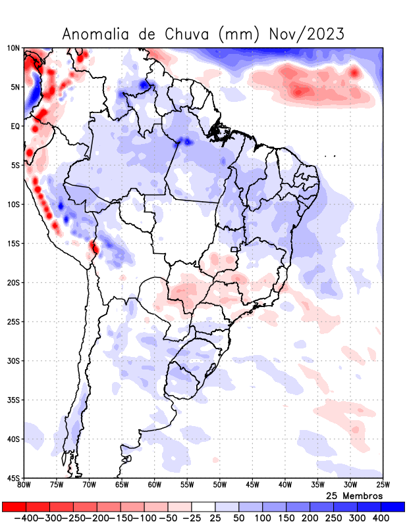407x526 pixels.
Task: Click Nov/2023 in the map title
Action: [307, 34]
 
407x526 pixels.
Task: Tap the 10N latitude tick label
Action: [13, 48]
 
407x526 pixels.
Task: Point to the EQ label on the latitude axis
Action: [15, 126]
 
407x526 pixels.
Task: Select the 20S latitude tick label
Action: [13, 283]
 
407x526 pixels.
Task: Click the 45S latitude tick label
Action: [13, 478]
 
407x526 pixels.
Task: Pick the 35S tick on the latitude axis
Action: [13, 400]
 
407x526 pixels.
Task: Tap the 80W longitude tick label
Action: [24, 485]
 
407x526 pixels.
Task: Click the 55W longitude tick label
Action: [187, 485]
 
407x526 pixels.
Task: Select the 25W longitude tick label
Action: [383, 485]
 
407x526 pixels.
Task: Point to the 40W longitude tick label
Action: [285, 485]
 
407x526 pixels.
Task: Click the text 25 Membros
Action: [354, 495]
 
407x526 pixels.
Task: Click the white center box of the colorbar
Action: [203, 507]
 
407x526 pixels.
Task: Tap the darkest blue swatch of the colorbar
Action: [393, 507]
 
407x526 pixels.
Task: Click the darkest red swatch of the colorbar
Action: [14, 507]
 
